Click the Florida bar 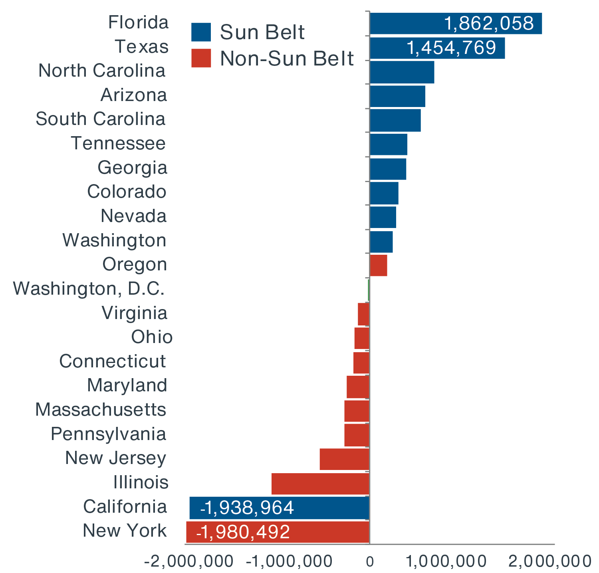(455, 24)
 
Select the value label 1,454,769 (451, 48)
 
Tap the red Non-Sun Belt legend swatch (201, 58)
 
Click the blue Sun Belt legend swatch (201, 32)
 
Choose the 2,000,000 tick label (549, 561)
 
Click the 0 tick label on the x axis (370, 562)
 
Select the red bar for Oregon (379, 265)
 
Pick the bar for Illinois (320, 484)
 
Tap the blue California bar (280, 508)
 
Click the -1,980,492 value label (243, 532)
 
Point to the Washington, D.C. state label (89, 289)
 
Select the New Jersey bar (345, 459)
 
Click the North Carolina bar (402, 72)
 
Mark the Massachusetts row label (101, 410)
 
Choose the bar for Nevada (383, 217)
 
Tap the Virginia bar (363, 314)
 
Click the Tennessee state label (118, 143)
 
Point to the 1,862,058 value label (489, 24)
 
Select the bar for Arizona (397, 96)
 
